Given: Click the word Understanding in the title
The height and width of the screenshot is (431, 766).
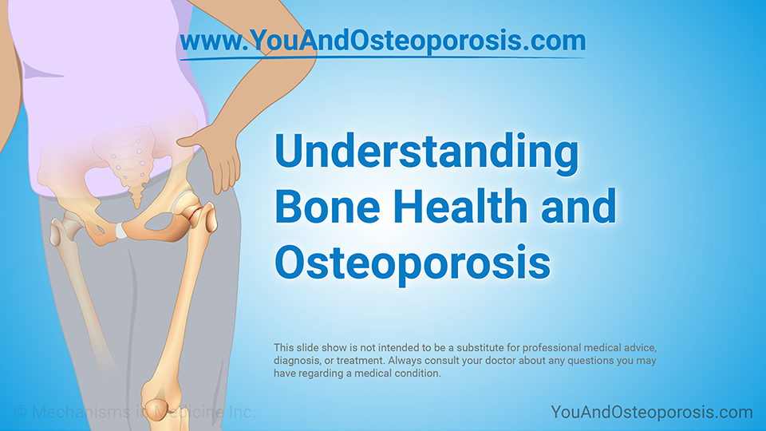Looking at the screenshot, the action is (x=426, y=152).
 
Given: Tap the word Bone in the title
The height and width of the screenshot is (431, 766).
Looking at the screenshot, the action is (x=327, y=206).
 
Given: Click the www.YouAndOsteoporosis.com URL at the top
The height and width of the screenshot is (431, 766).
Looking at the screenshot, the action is (x=382, y=41).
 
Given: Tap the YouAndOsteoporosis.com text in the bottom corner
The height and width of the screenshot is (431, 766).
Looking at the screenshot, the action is (x=652, y=412).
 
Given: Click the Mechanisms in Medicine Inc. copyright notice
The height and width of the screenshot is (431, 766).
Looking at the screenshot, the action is (x=135, y=412).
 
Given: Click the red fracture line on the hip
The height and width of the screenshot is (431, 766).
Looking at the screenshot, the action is (x=195, y=214).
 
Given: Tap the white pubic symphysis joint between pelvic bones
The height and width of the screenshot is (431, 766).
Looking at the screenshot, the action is (x=120, y=230).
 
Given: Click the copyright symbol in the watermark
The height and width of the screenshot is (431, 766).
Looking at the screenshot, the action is (x=20, y=412).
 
